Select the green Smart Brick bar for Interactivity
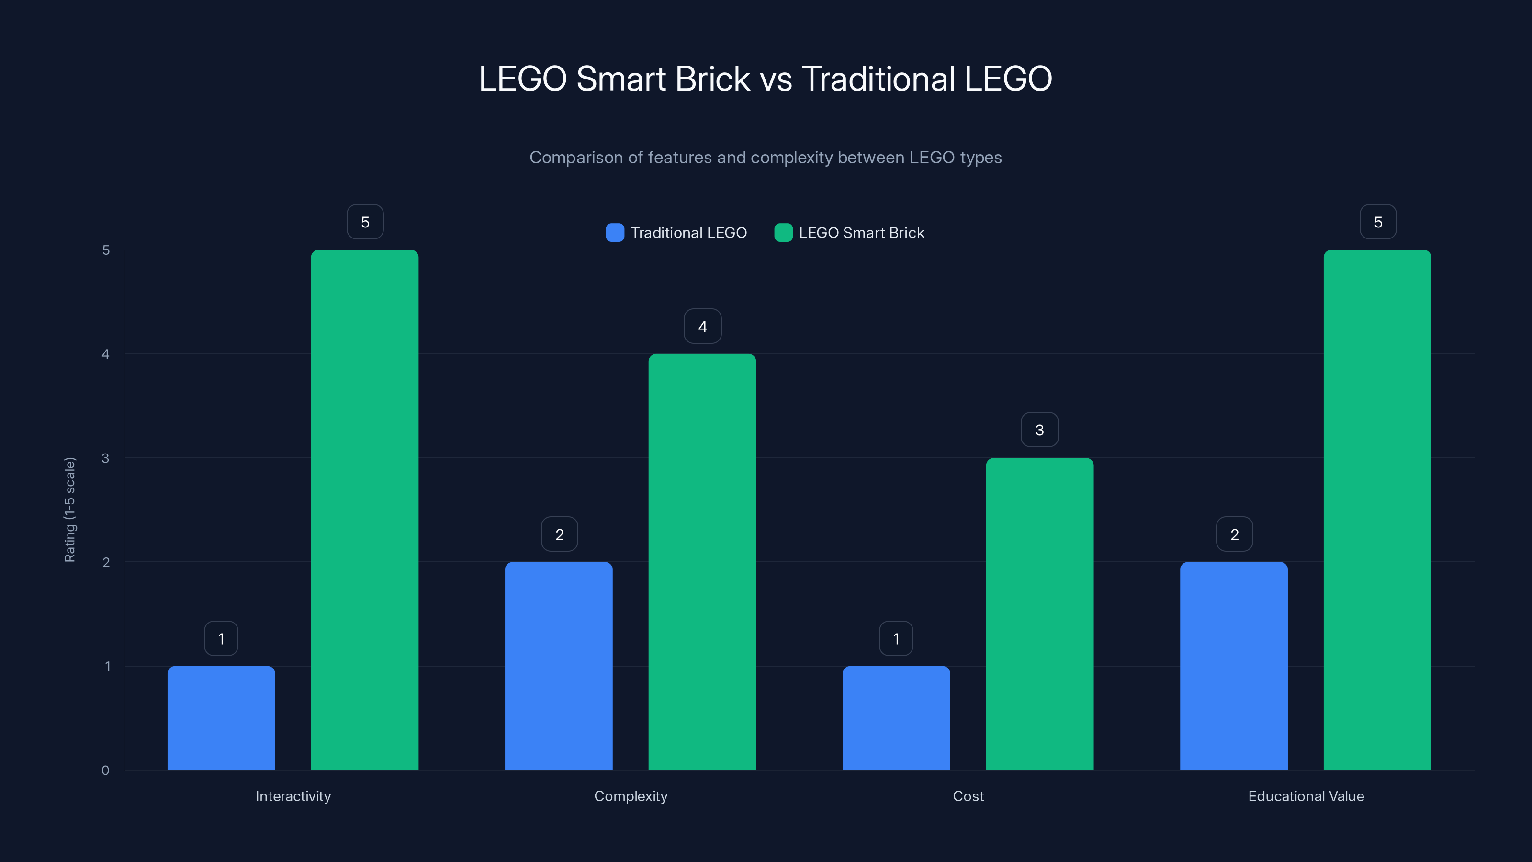coord(364,510)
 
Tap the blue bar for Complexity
coord(558,666)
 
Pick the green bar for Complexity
coord(702,562)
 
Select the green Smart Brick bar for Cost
coord(1039,613)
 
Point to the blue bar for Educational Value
coord(1233,666)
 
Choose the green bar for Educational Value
coord(1377,510)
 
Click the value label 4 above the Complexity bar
coord(702,327)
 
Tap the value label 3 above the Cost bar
coord(1039,430)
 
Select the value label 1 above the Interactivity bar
coord(221,639)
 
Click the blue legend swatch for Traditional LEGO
coord(615,233)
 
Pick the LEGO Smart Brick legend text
coord(861,233)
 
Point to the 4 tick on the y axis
coord(106,354)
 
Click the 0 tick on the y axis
coord(106,771)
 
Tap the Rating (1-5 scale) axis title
coord(69,510)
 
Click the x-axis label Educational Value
coord(1306,796)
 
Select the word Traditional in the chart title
coord(879,79)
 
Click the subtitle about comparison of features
coord(766,158)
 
